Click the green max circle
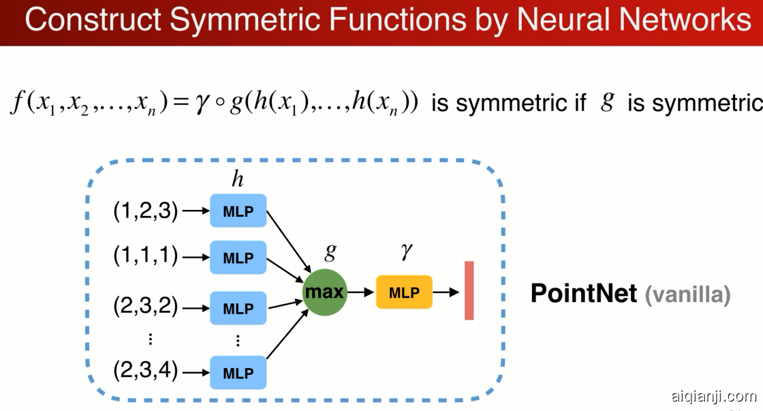(325, 292)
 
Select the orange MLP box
(404, 292)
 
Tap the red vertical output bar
(469, 290)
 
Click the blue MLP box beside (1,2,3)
(238, 211)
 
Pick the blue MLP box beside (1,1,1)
(238, 257)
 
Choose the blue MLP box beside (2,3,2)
(238, 308)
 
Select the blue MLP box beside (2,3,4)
(238, 372)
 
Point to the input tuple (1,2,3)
(145, 211)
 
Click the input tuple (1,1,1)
(145, 256)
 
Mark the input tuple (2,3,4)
(145, 371)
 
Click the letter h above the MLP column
(237, 179)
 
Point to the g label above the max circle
(330, 252)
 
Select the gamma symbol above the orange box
(406, 252)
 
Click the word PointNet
(583, 294)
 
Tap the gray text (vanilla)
(687, 294)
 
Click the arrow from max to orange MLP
(361, 292)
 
